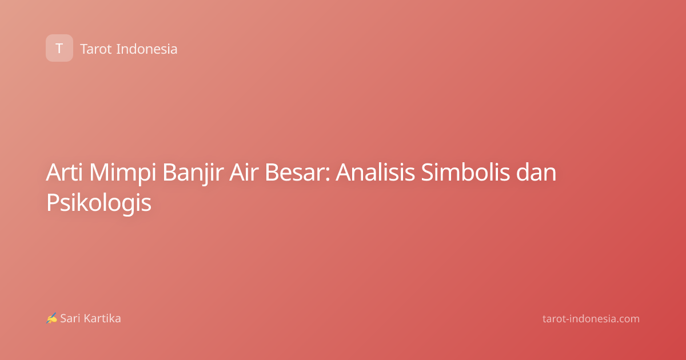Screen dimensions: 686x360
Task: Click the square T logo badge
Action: click(x=59, y=48)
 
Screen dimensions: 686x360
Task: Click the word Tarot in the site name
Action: click(x=96, y=49)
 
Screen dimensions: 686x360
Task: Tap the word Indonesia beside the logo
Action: click(x=147, y=49)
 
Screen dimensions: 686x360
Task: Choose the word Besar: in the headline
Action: click(x=297, y=173)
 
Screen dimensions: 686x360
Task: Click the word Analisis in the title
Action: click(x=375, y=173)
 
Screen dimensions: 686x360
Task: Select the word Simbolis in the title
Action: click(x=465, y=173)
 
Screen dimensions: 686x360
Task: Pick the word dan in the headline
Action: click(x=536, y=173)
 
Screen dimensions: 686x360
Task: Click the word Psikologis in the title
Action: click(x=98, y=203)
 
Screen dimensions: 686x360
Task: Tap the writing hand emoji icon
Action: click(x=52, y=318)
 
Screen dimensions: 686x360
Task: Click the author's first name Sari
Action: click(x=70, y=318)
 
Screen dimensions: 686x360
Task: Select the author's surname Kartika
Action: click(x=102, y=318)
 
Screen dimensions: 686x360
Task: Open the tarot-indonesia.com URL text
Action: click(x=591, y=319)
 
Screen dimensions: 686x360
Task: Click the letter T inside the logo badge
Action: click(x=59, y=49)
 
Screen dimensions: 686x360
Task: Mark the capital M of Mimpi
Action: click(x=100, y=173)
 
